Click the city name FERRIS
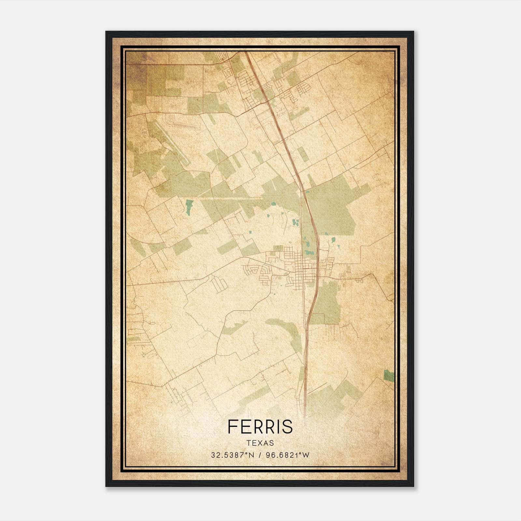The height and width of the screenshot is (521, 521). click(260, 426)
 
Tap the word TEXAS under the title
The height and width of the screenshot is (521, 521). click(260, 443)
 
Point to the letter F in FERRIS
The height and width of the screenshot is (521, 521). click(232, 426)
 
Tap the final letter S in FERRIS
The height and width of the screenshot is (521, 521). click(288, 426)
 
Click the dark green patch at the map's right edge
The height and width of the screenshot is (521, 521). click(388, 375)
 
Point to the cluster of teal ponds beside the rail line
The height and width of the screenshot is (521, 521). click(296, 223)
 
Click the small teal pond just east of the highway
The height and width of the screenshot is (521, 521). click(333, 240)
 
